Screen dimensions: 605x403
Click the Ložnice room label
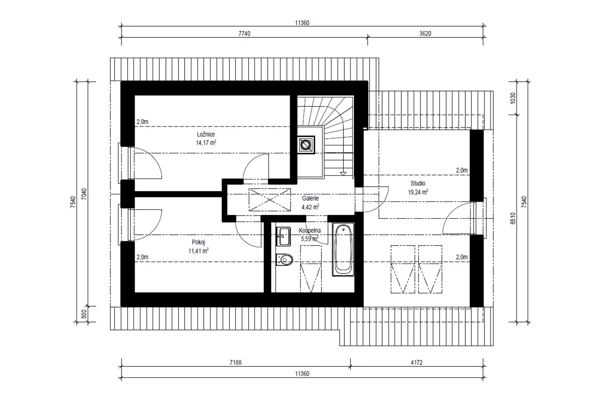pyautogui.click(x=206, y=134)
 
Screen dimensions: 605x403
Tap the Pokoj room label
pyautogui.click(x=198, y=242)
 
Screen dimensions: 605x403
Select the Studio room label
pyautogui.click(x=418, y=183)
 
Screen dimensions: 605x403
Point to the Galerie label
pyautogui.click(x=310, y=198)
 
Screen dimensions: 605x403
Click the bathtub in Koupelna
pyautogui.click(x=343, y=249)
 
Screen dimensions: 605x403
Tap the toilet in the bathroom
pyautogui.click(x=284, y=260)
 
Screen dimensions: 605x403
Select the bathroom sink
pyautogui.click(x=283, y=236)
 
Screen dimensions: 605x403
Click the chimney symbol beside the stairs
pyautogui.click(x=306, y=145)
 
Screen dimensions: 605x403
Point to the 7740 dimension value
pyautogui.click(x=244, y=34)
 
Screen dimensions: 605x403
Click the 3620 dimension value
pyautogui.click(x=425, y=34)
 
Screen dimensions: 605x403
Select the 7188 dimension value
pyautogui.click(x=235, y=363)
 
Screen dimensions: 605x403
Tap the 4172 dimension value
pyautogui.click(x=417, y=363)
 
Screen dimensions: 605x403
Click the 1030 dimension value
pyautogui.click(x=513, y=98)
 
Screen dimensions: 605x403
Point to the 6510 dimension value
pyautogui.click(x=513, y=219)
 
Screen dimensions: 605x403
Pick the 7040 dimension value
pyautogui.click(x=84, y=194)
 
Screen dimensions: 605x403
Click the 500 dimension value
pyautogui.click(x=84, y=314)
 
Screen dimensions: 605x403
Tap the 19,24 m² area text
pyautogui.click(x=418, y=192)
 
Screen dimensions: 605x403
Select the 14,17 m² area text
pyautogui.click(x=206, y=143)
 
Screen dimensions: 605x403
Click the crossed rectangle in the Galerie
pyautogui.click(x=269, y=200)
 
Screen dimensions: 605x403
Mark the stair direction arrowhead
pyautogui.click(x=343, y=174)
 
